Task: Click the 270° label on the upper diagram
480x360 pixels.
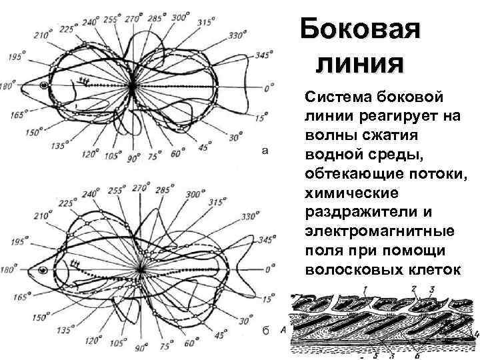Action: tap(135, 18)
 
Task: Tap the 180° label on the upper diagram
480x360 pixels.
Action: tap(8, 87)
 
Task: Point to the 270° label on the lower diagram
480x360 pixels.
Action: tap(139, 189)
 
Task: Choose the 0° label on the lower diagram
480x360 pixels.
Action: tap(268, 269)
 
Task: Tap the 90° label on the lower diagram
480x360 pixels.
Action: tap(140, 347)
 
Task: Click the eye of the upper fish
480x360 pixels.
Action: tap(44, 85)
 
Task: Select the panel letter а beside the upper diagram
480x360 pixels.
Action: tap(265, 151)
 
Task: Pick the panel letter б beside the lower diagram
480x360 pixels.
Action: tap(265, 333)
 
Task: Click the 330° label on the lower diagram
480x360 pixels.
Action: tap(249, 216)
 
